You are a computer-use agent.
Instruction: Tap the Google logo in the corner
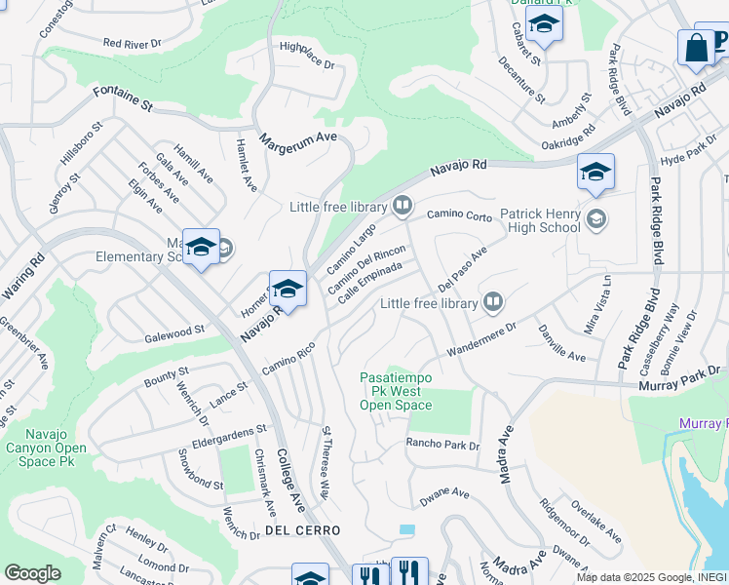tap(32, 573)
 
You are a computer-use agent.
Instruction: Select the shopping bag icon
tap(696, 49)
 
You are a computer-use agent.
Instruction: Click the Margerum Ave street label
tap(298, 138)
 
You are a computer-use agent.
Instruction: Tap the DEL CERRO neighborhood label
tap(302, 530)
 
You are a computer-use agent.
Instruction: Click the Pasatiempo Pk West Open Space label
tap(396, 390)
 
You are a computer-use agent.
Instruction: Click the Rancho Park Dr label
tap(443, 446)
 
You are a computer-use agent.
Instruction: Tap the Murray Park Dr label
tap(679, 378)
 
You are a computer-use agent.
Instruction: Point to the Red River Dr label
tap(132, 44)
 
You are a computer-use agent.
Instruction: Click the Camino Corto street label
tap(459, 214)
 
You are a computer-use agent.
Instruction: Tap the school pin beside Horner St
tap(288, 289)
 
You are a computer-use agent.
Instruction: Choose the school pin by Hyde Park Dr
tap(595, 173)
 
